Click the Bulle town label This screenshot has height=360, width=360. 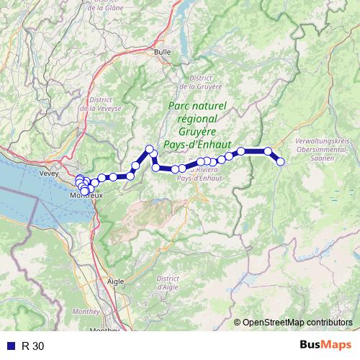click(162, 52)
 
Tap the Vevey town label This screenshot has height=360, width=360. click(49, 174)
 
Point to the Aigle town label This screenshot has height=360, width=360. click(115, 282)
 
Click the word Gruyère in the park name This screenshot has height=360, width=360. click(197, 132)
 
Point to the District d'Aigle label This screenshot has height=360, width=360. click(167, 282)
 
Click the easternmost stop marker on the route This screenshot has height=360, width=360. click(281, 161)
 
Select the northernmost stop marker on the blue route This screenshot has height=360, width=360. click(150, 149)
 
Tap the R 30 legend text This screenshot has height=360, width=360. click(33, 346)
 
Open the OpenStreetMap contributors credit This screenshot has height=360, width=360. click(297, 322)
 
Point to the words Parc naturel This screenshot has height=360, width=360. click(197, 106)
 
